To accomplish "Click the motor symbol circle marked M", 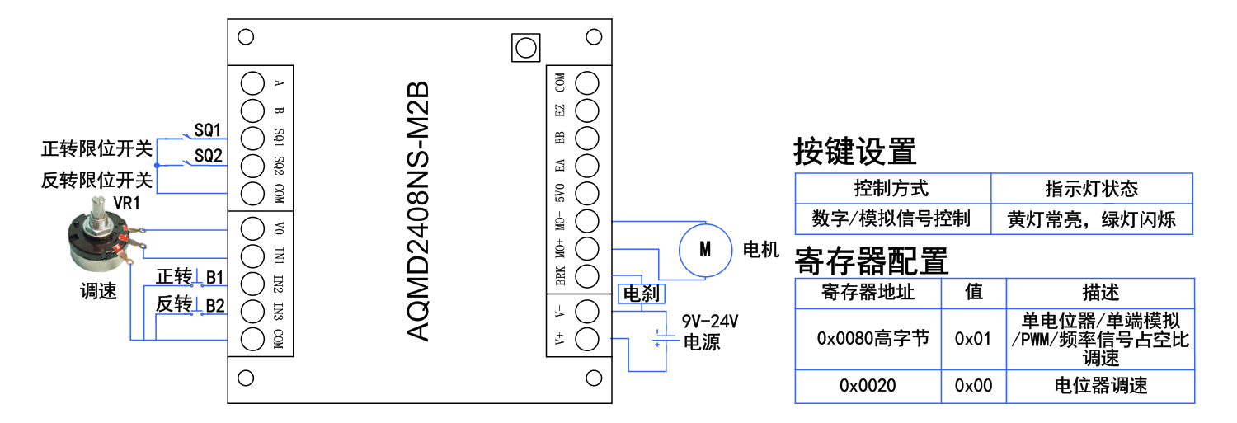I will point(705,249).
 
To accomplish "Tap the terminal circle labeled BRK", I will point(586,275).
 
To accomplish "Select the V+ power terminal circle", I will point(586,338).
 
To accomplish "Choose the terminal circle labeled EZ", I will point(586,110).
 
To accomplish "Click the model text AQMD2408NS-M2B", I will point(419,211).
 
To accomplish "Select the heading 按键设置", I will point(854,152).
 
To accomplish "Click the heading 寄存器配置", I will point(871,261).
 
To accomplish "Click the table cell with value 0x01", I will point(973,338).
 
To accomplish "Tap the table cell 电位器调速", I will point(1101,386).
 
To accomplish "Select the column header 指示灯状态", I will point(1092,189).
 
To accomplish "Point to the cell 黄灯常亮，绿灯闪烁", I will point(1092,219).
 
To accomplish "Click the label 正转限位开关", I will point(96,150).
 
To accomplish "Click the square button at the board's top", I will point(524,48).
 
